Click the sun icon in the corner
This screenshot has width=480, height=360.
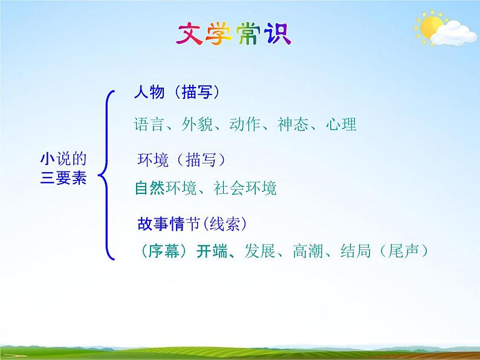[x=432, y=27]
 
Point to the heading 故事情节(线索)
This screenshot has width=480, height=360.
[x=192, y=224]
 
